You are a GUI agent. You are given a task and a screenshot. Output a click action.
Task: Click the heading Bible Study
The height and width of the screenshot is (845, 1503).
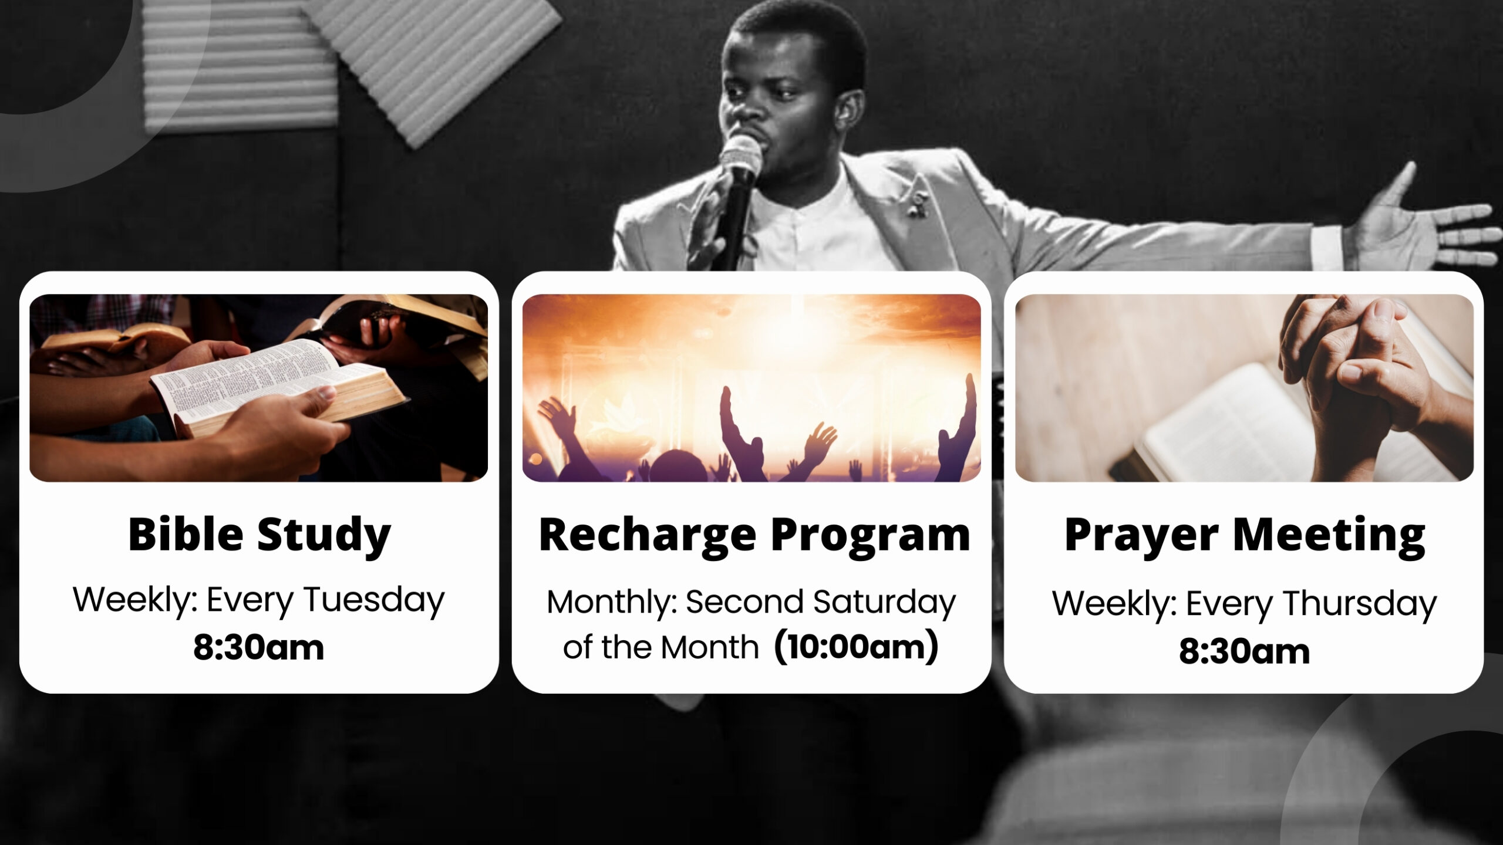pos(259,535)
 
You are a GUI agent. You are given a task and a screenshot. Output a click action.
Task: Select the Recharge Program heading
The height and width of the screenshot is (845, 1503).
pos(754,535)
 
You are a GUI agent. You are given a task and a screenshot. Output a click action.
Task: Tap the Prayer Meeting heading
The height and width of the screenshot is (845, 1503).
pos(1245,535)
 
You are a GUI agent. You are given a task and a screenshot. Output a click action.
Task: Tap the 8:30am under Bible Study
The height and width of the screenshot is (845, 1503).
pos(258,648)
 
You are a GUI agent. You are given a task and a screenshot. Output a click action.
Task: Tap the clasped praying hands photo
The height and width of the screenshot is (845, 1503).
pos(1244,388)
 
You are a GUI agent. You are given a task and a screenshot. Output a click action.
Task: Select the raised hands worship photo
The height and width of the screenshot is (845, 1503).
pos(751,388)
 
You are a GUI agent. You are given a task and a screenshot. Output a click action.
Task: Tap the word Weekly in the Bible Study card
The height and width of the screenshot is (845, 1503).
pos(134,601)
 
